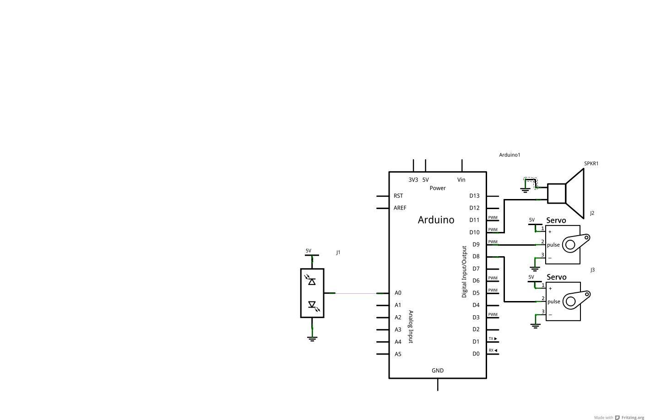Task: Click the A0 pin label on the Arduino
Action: coord(398,293)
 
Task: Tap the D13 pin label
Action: coord(475,196)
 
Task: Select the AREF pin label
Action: coord(400,208)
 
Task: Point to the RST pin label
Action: coord(398,196)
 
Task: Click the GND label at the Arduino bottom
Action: coord(438,371)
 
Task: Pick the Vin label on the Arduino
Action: coord(461,180)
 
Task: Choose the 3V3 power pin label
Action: coord(413,180)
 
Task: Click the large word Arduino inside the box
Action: coord(436,220)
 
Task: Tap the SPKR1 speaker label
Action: coord(591,163)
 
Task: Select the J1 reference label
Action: coord(338,253)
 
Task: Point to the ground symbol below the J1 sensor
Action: coord(312,339)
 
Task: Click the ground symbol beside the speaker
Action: coord(525,190)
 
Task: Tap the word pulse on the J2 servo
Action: coord(553,245)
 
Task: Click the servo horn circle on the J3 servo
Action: coord(570,302)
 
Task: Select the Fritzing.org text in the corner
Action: coord(633,417)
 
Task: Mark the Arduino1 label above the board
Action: coord(509,155)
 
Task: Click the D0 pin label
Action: coord(476,354)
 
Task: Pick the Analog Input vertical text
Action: coord(411,327)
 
